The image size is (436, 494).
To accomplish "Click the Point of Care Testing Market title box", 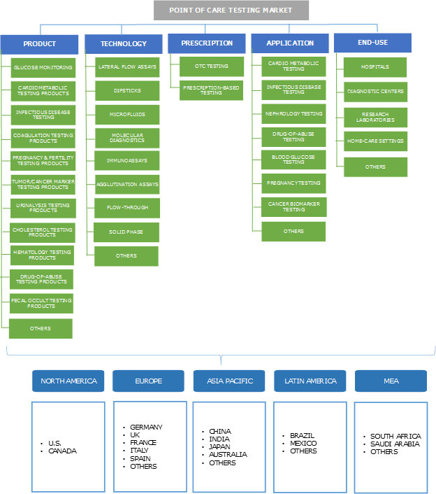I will [231, 10].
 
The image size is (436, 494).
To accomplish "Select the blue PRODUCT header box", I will [39, 44].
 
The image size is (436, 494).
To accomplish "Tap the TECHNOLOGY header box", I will [124, 44].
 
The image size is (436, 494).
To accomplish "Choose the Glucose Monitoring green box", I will [43, 68].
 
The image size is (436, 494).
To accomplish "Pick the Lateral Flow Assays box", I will [126, 67].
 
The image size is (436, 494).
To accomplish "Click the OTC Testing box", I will [212, 66].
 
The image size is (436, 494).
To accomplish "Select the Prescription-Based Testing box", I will [212, 90].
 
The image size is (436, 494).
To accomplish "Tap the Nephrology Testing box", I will [293, 113].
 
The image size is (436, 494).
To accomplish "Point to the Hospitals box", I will [375, 67].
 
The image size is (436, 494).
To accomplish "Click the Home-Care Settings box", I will [375, 141].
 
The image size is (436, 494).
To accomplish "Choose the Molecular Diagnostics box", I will [126, 138].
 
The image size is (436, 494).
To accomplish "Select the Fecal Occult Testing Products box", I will [41, 303].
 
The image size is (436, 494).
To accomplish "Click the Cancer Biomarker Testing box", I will [293, 206].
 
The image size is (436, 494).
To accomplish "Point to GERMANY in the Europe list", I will [147, 427].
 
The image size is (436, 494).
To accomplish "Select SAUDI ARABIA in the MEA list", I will [395, 444].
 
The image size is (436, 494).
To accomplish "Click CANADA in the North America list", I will [62, 451].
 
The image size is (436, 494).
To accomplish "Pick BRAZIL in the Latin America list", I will [303, 435].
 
